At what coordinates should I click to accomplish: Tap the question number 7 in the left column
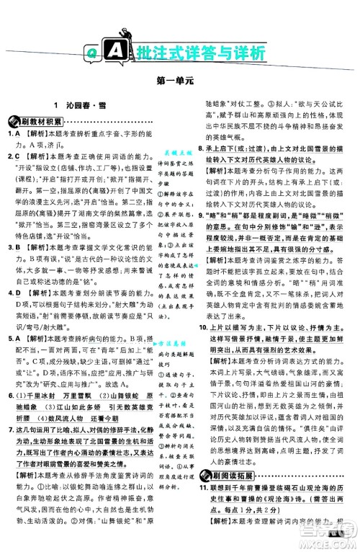coord(9,410)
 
